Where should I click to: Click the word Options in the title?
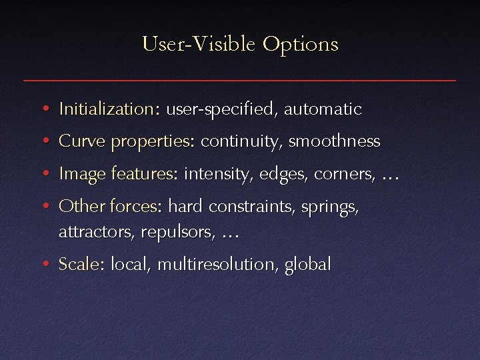click(300, 45)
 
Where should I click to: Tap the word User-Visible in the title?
click(199, 45)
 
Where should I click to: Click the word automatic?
click(323, 109)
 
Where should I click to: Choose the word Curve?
click(83, 141)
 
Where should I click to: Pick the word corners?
click(345, 175)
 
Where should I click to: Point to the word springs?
click(330, 207)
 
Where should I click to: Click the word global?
click(307, 265)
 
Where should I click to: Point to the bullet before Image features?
click(43, 175)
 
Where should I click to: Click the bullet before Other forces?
click(43, 207)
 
